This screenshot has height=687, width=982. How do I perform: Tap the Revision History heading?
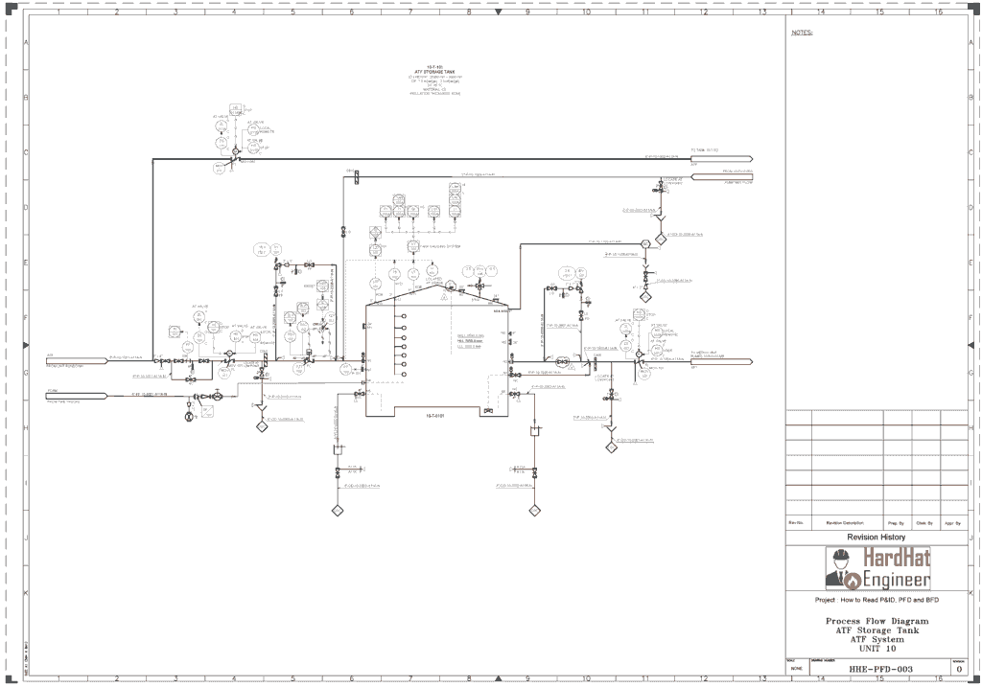tap(876, 538)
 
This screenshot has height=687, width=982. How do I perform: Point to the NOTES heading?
tap(802, 33)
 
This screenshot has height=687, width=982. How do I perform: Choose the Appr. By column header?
tap(953, 523)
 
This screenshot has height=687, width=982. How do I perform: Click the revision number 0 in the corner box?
tap(959, 668)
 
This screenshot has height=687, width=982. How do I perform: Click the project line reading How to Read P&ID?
tap(876, 600)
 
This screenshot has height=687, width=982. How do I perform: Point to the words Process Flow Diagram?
tap(877, 621)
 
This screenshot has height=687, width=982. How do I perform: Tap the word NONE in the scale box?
tap(797, 668)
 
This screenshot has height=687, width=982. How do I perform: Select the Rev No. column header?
tap(796, 523)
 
